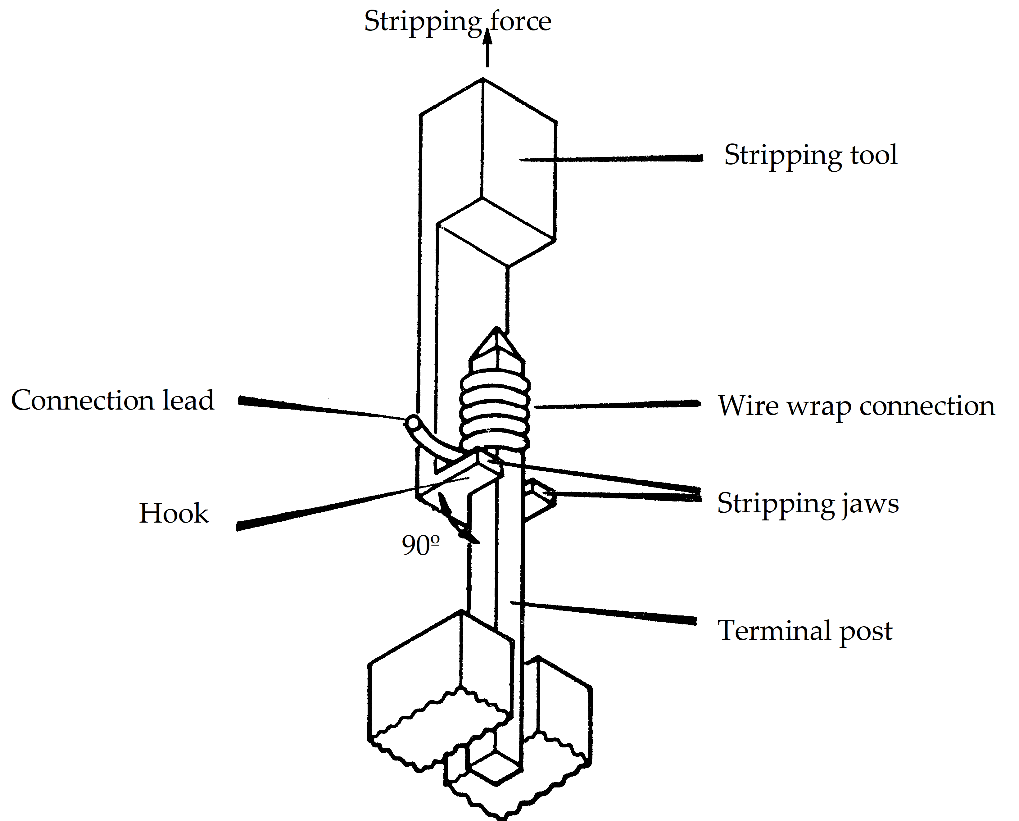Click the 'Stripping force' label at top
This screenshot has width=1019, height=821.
[x=457, y=21]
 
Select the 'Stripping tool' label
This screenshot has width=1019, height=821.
[x=810, y=155]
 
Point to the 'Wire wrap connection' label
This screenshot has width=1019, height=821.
[x=856, y=406]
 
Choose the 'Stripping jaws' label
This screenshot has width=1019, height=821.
[x=808, y=503]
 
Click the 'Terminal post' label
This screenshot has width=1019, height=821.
[x=805, y=631]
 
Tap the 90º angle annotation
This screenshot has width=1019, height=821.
[x=420, y=545]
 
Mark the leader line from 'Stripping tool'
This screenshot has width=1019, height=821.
[x=615, y=159]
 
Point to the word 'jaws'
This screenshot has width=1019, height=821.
[x=870, y=504]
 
